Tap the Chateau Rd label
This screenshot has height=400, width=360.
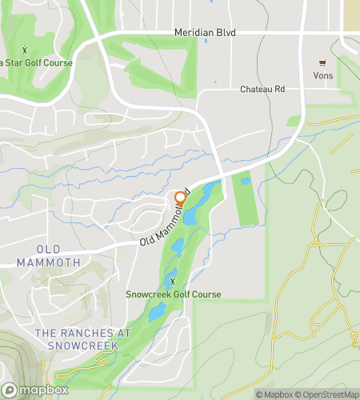click(x=262, y=90)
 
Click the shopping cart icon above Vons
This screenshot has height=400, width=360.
click(x=324, y=62)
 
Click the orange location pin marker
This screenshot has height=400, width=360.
click(x=180, y=198)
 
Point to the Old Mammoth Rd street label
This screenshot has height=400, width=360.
click(x=164, y=218)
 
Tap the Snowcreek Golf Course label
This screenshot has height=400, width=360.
click(x=173, y=294)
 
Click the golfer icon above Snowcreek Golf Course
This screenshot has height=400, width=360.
click(x=171, y=281)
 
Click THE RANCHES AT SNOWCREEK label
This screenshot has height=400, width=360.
click(x=77, y=338)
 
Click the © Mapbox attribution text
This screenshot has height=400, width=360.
click(x=274, y=394)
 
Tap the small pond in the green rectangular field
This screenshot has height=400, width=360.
click(x=246, y=182)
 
